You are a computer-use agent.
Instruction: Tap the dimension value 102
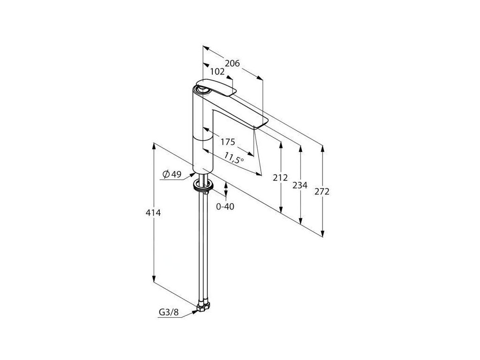217,72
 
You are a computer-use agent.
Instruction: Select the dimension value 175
227,142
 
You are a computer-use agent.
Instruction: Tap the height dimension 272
322,191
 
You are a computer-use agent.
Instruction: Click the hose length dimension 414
154,213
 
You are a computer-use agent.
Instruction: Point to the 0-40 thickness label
225,206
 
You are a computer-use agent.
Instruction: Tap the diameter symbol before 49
165,174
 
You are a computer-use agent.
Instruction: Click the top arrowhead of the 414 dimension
154,145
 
